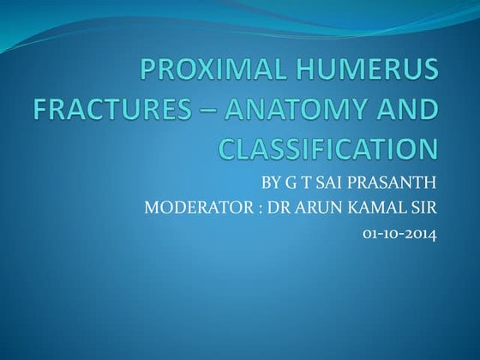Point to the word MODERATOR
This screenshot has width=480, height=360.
189,207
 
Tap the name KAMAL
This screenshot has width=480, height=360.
370,207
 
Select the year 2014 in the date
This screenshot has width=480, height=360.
420,232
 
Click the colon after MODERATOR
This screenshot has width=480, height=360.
249,207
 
